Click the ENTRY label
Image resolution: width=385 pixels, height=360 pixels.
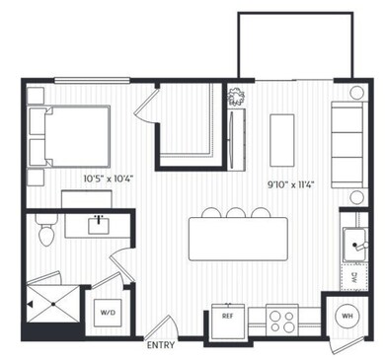[x=160, y=346]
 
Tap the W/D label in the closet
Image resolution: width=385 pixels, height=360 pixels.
[x=108, y=313]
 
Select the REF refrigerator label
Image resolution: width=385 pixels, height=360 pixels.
[x=226, y=318]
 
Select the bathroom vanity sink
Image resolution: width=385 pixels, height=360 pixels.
[x=99, y=225]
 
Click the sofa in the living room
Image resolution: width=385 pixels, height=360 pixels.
[x=347, y=146]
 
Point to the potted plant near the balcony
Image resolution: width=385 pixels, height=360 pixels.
[x=237, y=96]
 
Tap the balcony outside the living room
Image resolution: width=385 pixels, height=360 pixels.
[x=294, y=45]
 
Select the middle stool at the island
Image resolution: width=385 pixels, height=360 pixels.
[x=236, y=211]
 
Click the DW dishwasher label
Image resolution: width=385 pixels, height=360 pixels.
[x=353, y=279]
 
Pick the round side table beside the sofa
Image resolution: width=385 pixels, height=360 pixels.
[x=357, y=94]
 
